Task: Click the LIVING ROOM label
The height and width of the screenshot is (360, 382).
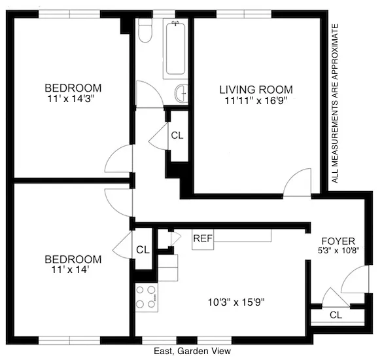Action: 256,89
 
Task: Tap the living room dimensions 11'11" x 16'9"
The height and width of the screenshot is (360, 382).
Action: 256,101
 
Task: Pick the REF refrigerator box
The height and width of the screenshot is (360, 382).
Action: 202,238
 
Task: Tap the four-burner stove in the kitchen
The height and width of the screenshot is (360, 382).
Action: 147,297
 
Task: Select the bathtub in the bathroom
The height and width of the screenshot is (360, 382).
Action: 176,49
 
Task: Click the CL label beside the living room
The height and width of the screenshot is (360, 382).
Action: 177,136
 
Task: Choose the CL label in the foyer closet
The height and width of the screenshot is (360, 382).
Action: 336,315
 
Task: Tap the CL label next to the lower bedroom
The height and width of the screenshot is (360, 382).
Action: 142,249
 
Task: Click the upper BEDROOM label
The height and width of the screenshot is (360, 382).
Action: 73,88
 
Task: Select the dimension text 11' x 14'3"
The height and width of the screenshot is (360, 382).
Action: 73,99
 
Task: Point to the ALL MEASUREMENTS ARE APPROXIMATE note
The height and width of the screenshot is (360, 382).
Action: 336,103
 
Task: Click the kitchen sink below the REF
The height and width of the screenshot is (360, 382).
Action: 168,268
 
